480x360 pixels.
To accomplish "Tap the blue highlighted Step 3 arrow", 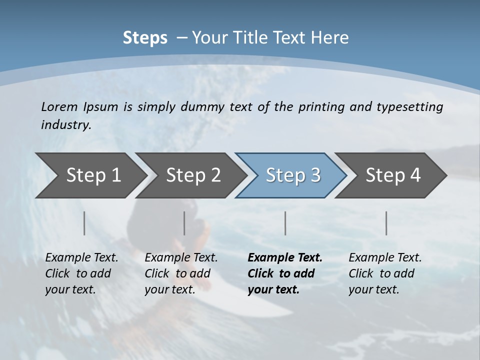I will [292, 175].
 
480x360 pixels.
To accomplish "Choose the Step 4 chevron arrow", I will [392, 175].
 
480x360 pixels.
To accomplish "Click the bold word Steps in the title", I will [145, 38].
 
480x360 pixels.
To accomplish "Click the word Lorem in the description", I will [59, 106].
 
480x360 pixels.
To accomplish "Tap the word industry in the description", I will [66, 125].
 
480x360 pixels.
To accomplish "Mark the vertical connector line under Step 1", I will [84, 223].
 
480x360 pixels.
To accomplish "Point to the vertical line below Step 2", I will [184, 223].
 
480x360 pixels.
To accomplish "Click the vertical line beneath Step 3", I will [285, 223].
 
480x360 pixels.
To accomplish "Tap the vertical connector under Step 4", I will [386, 223].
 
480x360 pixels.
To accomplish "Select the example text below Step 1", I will [81, 273].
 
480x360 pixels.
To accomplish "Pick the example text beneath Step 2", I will [181, 273].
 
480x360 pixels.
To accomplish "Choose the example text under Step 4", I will [385, 273].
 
